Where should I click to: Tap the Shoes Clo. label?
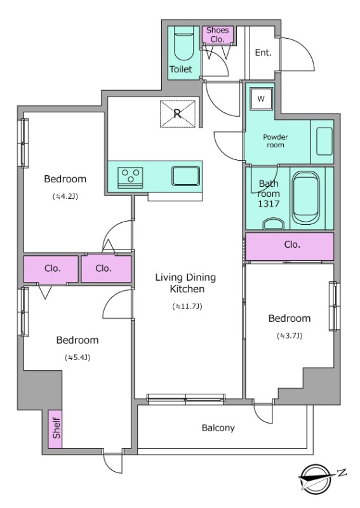218,35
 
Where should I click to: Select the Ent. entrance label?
263,53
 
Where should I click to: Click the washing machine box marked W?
261,99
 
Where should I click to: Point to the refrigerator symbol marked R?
178,114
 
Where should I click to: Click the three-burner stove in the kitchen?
130,177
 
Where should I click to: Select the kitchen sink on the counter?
185,176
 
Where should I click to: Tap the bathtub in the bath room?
305,197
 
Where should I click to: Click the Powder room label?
275,141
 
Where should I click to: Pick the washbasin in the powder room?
324,142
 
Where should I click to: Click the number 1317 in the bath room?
269,204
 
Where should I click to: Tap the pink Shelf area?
55,429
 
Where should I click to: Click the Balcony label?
218,428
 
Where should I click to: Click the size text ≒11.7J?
187,306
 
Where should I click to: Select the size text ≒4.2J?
65,196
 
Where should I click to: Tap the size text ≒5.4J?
77,358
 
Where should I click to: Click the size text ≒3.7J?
290,336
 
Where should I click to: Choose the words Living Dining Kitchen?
186,283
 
